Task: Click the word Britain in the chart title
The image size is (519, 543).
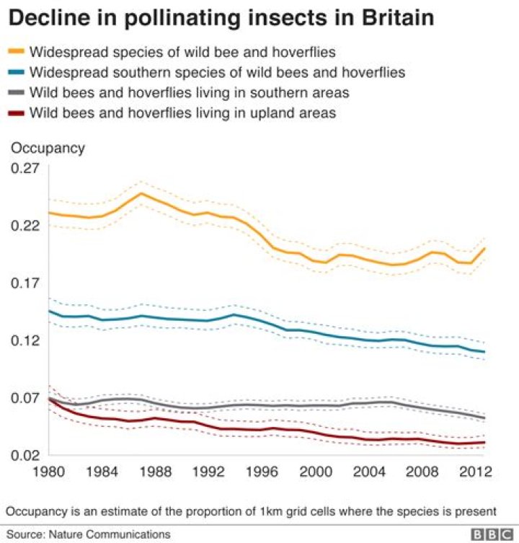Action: (390, 18)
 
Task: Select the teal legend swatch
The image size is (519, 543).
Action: (19, 72)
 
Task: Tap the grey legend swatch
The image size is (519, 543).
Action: (19, 92)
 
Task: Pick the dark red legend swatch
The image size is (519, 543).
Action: (19, 113)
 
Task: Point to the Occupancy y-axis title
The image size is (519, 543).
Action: (47, 148)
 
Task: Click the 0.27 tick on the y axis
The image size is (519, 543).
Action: (23, 169)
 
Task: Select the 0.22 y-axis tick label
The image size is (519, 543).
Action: (23, 226)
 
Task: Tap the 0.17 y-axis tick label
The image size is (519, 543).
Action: (23, 283)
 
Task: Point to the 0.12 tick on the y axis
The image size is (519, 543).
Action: (23, 340)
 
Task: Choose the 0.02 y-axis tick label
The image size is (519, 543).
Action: (23, 455)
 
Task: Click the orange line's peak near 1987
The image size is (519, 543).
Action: (141, 193)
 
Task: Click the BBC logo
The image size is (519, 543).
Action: (492, 534)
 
